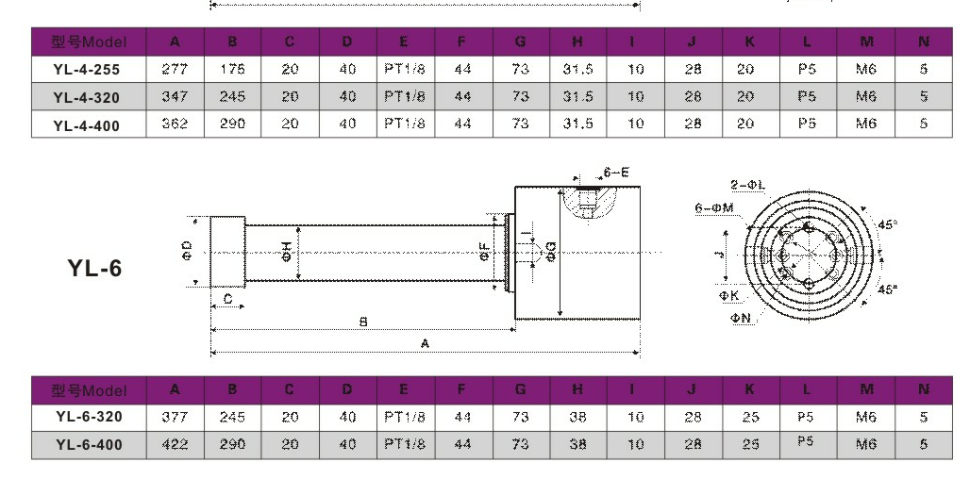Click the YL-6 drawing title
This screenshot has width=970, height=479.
click(95, 268)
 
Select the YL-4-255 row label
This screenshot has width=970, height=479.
click(87, 70)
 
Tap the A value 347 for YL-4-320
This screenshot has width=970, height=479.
click(175, 96)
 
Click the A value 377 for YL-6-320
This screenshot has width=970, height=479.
click(175, 417)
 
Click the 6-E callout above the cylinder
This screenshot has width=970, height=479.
click(616, 173)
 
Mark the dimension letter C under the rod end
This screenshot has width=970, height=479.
click(227, 299)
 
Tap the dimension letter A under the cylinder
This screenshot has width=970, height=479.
click(426, 344)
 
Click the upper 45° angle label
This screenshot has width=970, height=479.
click(888, 224)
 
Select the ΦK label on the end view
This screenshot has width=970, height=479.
click(729, 295)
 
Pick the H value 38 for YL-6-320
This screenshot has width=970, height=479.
click(577, 417)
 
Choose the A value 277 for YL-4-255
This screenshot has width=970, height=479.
click(175, 70)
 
